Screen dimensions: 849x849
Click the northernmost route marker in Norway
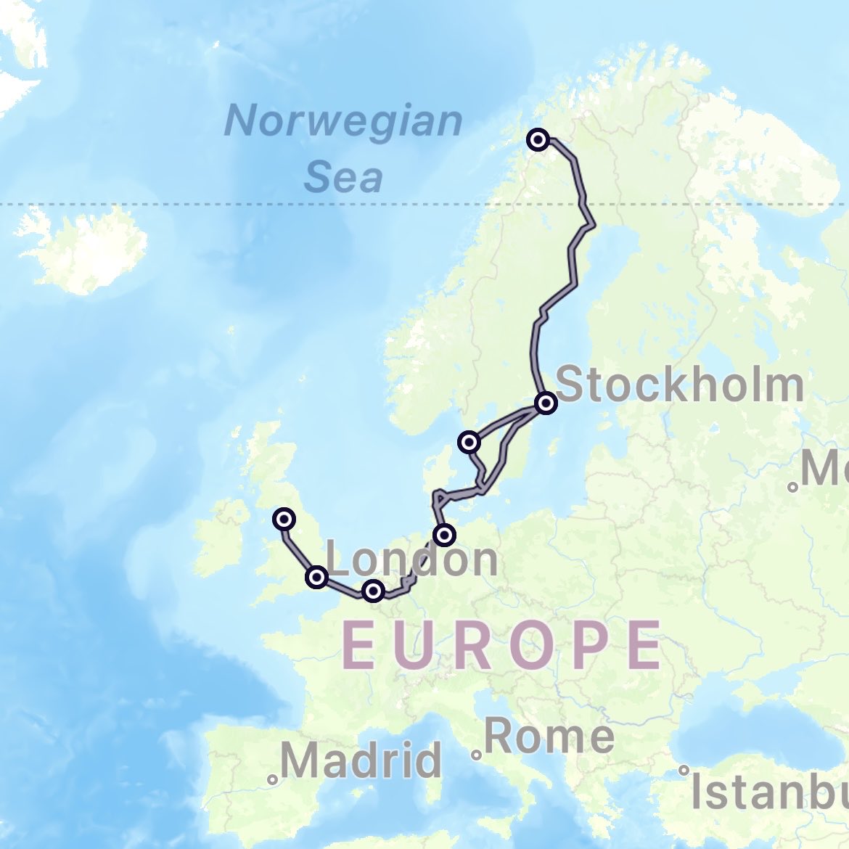point(538,139)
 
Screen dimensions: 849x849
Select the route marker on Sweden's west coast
point(469,441)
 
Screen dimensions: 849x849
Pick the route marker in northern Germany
point(444,536)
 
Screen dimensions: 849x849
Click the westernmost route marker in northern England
point(284,519)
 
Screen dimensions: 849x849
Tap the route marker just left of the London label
point(316,577)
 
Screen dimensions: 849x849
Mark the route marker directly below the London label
point(373,591)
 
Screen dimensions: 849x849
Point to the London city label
point(412,559)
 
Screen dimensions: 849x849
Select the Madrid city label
point(361,760)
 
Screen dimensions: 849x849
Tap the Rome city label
point(549,736)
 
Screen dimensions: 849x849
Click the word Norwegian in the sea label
point(343,120)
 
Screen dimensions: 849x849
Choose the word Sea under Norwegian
point(343,176)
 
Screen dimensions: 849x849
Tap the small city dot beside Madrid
point(272,780)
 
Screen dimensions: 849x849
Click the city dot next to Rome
point(476,755)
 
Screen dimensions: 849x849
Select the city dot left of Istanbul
point(684,770)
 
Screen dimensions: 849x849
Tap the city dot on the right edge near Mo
point(793,487)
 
